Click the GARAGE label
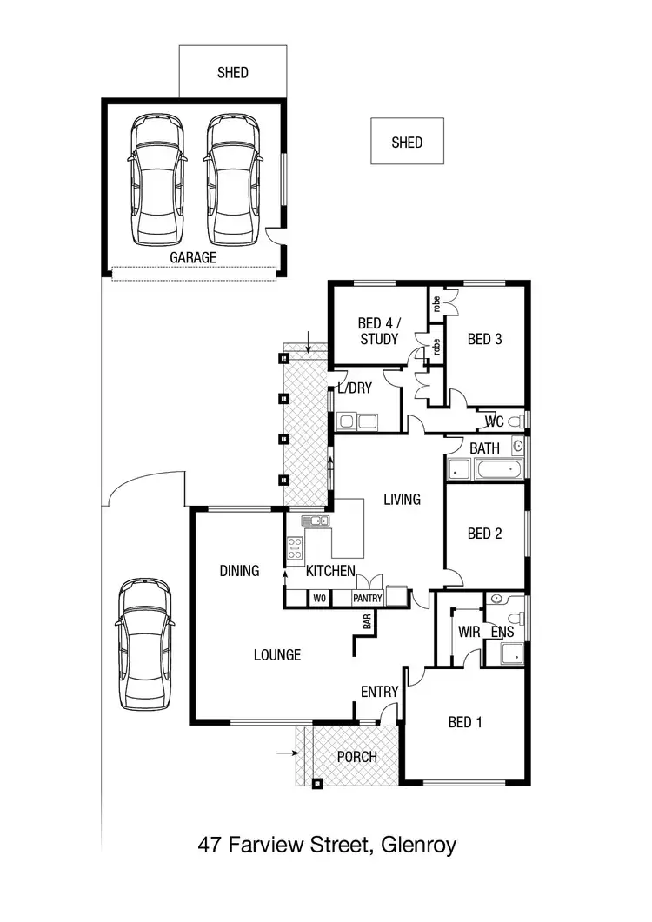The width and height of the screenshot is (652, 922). point(193,258)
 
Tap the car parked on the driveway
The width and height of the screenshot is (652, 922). point(146,644)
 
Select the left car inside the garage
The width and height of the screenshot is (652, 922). point(157,181)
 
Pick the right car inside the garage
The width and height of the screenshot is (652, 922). point(233,181)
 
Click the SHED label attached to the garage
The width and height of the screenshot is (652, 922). point(232,73)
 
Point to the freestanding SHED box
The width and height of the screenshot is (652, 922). point(407,142)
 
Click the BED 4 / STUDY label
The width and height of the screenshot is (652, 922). point(378,331)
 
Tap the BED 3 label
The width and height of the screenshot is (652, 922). point(484,339)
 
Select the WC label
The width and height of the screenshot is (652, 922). point(495,422)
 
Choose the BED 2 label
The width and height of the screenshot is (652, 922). point(484,534)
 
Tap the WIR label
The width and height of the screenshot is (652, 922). point(469,633)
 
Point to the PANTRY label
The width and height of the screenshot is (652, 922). point(367,599)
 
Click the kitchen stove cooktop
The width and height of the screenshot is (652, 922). point(295,547)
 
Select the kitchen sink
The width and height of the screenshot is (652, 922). point(315,521)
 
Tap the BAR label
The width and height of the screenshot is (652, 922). point(368,622)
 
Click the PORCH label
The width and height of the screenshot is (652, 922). point(357,757)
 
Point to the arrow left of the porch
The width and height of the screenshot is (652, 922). point(286,753)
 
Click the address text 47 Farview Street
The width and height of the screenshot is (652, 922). point(326,845)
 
